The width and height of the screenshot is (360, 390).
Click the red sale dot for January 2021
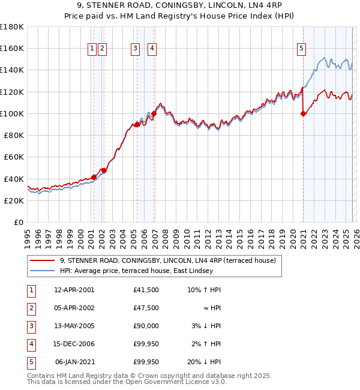point(303,114)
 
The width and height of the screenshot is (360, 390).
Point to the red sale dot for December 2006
point(154,113)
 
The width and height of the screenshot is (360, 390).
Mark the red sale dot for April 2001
point(94,177)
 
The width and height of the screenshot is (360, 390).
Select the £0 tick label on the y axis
point(18,223)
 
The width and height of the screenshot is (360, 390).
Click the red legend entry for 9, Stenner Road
point(167,260)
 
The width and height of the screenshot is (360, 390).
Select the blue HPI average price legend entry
point(136,271)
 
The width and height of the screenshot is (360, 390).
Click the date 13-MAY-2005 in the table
point(74,326)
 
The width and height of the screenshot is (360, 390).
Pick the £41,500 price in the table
point(146,290)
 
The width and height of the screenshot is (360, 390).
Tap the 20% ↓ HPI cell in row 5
point(204,362)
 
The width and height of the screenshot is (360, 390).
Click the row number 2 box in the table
point(30,308)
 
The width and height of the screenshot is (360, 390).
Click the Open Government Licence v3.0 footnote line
point(127,381)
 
